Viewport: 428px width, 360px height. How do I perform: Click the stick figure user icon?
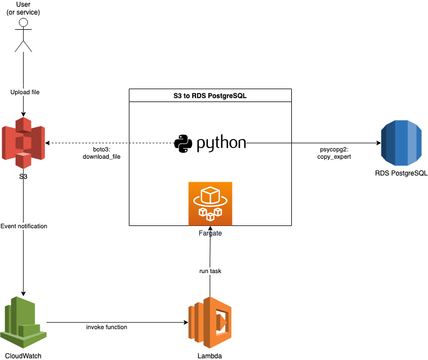[23, 35]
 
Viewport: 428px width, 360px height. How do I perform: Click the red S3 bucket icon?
[23, 143]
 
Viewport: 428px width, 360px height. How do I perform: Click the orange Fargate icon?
[210, 204]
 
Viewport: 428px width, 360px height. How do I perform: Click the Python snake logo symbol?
[184, 144]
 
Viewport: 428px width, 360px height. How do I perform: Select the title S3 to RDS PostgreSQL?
[210, 96]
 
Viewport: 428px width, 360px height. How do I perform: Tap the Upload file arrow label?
[25, 92]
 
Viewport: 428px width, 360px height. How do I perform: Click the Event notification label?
[24, 226]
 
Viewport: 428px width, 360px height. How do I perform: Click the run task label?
[210, 271]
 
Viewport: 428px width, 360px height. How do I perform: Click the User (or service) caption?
[24, 8]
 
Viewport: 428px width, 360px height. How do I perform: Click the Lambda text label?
[210, 356]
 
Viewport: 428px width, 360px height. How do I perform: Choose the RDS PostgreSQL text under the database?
[401, 173]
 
